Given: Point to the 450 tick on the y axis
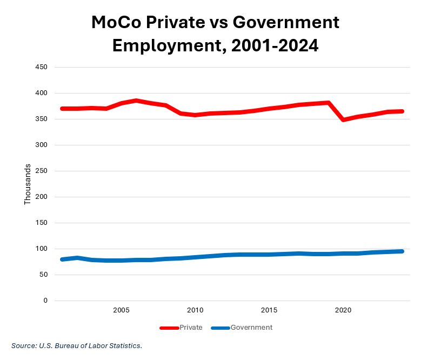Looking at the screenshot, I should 42,67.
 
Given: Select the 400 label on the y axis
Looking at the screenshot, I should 42,93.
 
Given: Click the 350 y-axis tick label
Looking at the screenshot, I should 42,119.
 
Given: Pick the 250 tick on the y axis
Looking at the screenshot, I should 42,171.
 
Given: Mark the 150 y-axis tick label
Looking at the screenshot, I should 42,223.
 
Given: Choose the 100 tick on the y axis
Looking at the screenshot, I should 42,249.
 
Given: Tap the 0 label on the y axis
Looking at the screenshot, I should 45,301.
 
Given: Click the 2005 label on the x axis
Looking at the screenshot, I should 121,310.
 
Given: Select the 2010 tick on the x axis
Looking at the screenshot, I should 195,310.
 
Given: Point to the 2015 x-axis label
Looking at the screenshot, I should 269,310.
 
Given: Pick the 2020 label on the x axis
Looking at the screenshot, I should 343,310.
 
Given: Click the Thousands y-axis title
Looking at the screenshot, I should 28,184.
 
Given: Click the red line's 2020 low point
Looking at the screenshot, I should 343,119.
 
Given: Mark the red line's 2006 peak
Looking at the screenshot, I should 136,101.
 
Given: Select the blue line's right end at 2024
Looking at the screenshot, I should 402,251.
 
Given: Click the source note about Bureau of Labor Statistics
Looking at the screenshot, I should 77,345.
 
